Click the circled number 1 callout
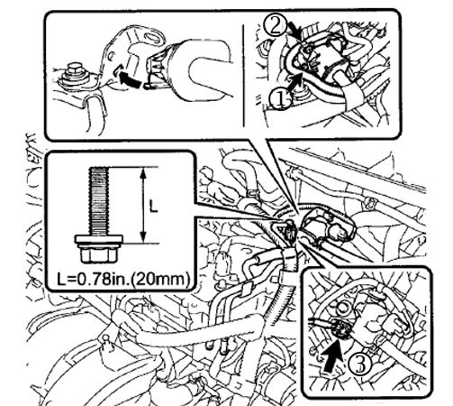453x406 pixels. [x=281, y=99]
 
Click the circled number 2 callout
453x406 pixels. [x=275, y=25]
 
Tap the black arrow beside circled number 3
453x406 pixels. [x=333, y=355]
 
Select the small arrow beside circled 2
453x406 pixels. [x=294, y=32]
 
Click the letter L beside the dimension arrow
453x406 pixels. [x=153, y=207]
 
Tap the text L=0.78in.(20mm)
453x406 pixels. [x=123, y=279]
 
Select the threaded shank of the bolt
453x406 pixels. [x=98, y=201]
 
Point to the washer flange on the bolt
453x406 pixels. [x=98, y=239]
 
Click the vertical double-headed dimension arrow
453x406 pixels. [x=143, y=205]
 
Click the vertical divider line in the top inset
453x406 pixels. [x=243, y=75]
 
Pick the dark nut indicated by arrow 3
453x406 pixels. [x=340, y=330]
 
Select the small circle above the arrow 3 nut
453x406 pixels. [x=343, y=309]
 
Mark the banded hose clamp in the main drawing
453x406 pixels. [x=289, y=259]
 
